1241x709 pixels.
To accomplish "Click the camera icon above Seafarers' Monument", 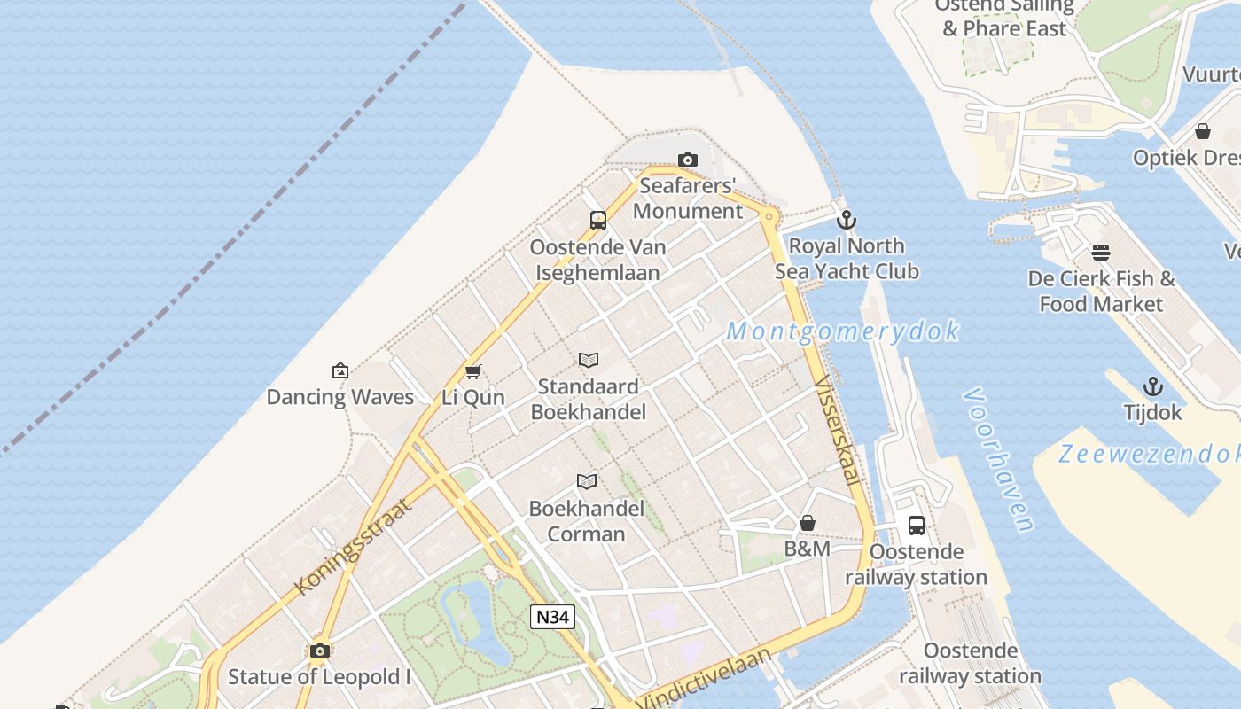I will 687,160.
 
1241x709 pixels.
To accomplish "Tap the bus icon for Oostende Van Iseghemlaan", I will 598,221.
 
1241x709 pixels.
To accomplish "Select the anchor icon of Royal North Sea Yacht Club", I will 847,219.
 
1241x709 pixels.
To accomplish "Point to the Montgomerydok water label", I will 842,331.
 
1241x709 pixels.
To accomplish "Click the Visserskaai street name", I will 837,431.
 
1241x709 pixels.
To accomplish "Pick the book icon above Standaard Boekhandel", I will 589,360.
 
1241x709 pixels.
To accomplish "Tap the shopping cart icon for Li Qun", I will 472,371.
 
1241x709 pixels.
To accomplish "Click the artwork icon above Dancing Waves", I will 340,370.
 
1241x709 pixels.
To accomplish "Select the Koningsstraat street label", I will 353,547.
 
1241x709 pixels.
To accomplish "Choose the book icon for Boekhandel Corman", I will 587,481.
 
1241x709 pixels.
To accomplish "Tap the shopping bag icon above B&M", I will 808,523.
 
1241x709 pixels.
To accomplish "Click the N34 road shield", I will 552,617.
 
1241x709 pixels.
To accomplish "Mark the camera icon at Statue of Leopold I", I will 320,651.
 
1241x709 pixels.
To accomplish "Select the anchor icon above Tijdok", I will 1152,386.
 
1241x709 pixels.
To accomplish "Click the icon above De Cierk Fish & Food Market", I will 1101,253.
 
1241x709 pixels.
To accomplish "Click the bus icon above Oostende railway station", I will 917,526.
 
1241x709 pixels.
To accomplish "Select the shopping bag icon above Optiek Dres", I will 1203,132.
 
